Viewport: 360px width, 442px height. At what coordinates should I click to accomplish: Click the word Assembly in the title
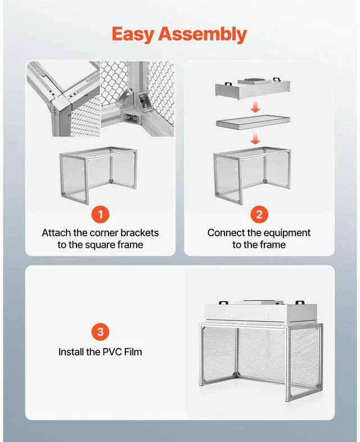202,34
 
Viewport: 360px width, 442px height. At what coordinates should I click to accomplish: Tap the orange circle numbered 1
100,214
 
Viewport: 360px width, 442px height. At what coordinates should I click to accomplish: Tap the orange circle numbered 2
259,214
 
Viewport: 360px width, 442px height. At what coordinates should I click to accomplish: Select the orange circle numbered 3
100,332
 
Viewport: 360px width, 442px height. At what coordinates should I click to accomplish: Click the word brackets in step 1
139,233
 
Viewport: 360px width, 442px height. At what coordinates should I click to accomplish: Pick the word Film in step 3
133,352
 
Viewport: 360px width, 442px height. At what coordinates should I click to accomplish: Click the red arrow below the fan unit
255,107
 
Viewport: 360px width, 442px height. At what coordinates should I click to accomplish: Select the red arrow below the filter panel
255,139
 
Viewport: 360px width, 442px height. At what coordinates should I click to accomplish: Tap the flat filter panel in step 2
253,122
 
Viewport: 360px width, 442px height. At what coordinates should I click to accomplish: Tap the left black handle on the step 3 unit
223,303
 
